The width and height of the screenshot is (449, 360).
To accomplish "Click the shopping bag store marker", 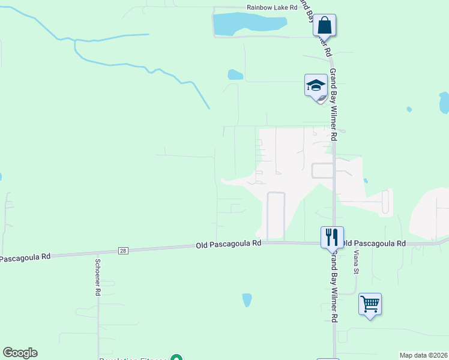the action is [324, 26].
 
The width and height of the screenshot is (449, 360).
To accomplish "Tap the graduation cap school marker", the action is [316, 86].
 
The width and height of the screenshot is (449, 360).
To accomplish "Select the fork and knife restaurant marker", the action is [331, 237].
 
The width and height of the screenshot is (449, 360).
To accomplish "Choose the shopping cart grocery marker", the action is [370, 304].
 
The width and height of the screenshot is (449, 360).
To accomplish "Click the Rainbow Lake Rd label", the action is [272, 8].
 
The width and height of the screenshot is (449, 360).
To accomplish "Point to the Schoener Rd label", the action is [97, 277].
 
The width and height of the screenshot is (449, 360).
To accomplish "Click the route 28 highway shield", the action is [123, 250].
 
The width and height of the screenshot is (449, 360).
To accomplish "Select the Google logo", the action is [20, 353].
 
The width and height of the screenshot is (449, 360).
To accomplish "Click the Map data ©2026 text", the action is [423, 355].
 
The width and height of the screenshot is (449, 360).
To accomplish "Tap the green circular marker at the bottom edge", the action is [176, 358].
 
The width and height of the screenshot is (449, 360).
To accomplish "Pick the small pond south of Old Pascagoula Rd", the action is [247, 299].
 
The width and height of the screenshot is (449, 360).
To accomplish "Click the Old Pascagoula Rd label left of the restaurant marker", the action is [229, 244].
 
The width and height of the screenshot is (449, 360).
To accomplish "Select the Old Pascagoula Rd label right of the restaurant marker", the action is [373, 244].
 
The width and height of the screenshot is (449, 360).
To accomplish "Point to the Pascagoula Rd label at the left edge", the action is [25, 257].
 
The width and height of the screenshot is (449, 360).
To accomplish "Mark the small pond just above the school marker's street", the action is [235, 75].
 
